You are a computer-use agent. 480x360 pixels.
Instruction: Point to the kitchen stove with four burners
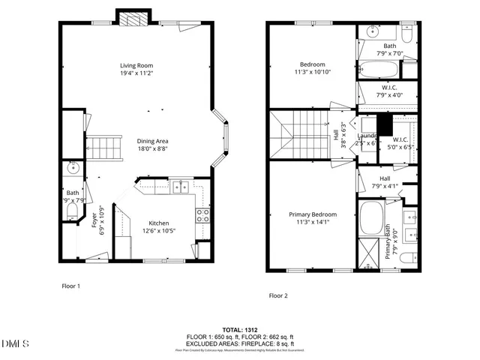[202, 216]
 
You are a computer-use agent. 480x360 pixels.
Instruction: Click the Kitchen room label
[158, 227]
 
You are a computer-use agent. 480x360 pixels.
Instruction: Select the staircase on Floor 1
[105, 148]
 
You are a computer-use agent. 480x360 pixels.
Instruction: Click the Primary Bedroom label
[313, 218]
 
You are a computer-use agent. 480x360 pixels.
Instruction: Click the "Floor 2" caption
[278, 295]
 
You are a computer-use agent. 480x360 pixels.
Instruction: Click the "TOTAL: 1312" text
[241, 330]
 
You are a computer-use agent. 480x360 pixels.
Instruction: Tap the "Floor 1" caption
[70, 286]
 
